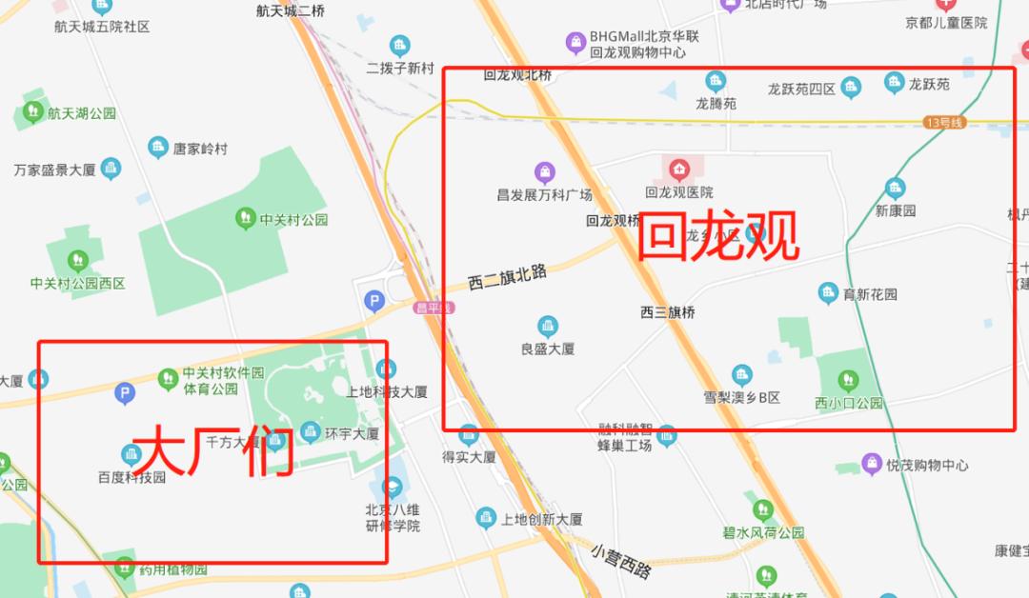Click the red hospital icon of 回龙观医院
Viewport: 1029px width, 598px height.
(x=678, y=170)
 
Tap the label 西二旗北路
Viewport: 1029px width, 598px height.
(x=507, y=277)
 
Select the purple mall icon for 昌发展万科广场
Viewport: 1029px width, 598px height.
(x=544, y=172)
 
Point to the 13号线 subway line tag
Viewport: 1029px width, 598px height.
(x=944, y=123)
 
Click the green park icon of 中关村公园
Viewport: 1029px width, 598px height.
(x=245, y=218)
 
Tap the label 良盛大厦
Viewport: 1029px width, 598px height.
(x=547, y=349)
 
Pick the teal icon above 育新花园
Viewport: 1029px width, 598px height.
(x=828, y=292)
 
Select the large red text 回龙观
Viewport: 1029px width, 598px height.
(x=717, y=237)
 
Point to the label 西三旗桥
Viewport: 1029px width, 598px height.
(x=667, y=312)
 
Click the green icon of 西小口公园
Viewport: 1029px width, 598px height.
(x=846, y=382)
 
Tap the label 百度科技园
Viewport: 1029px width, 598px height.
(x=131, y=477)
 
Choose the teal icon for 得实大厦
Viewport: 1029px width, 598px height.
(x=468, y=435)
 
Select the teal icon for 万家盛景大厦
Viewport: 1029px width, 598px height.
(x=111, y=169)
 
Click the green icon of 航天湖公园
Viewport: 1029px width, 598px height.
(x=31, y=113)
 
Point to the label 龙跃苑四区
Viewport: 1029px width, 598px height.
(x=801, y=90)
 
